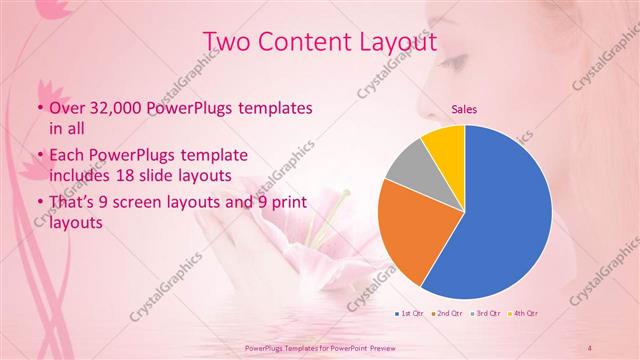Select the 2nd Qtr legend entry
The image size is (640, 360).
coord(446,314)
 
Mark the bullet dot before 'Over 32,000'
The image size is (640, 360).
coord(39,107)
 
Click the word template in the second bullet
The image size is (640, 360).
coord(209,156)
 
